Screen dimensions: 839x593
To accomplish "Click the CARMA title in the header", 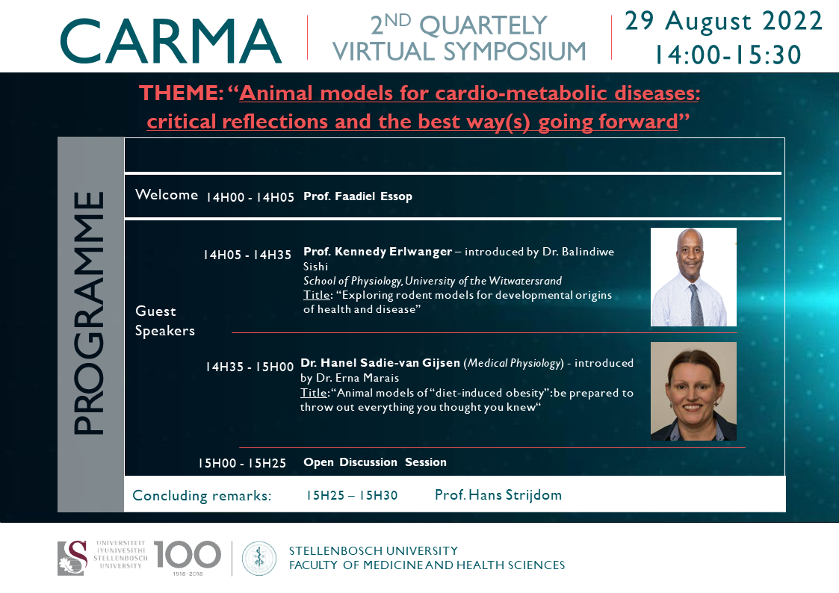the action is tap(170, 41).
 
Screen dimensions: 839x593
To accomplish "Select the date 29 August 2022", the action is tap(723, 22).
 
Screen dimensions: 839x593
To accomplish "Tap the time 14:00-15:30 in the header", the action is tap(728, 55).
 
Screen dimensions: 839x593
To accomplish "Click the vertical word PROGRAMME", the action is tap(89, 313).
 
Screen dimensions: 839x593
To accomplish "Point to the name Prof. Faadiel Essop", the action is tap(358, 196).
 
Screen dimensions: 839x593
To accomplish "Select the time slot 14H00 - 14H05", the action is tap(250, 197).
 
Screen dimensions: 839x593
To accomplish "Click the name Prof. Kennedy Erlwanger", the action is tap(378, 252).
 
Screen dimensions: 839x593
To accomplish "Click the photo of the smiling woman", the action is tap(693, 391).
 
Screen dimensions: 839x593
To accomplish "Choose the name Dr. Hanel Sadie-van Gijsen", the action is tap(380, 362).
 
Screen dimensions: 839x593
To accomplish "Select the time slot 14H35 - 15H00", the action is tap(250, 367).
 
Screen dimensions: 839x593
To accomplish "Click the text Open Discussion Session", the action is tap(375, 462).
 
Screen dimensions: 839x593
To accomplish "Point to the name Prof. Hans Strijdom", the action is tap(498, 495).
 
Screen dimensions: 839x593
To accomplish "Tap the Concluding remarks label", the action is tap(202, 496).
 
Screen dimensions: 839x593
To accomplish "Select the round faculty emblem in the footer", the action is tap(259, 558).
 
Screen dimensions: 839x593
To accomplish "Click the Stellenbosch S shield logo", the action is tap(72, 558).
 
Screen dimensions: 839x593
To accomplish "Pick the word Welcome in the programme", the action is tap(167, 195).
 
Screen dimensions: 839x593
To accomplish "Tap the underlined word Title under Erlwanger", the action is tap(317, 295).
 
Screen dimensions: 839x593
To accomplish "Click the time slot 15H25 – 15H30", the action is tap(352, 496).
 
